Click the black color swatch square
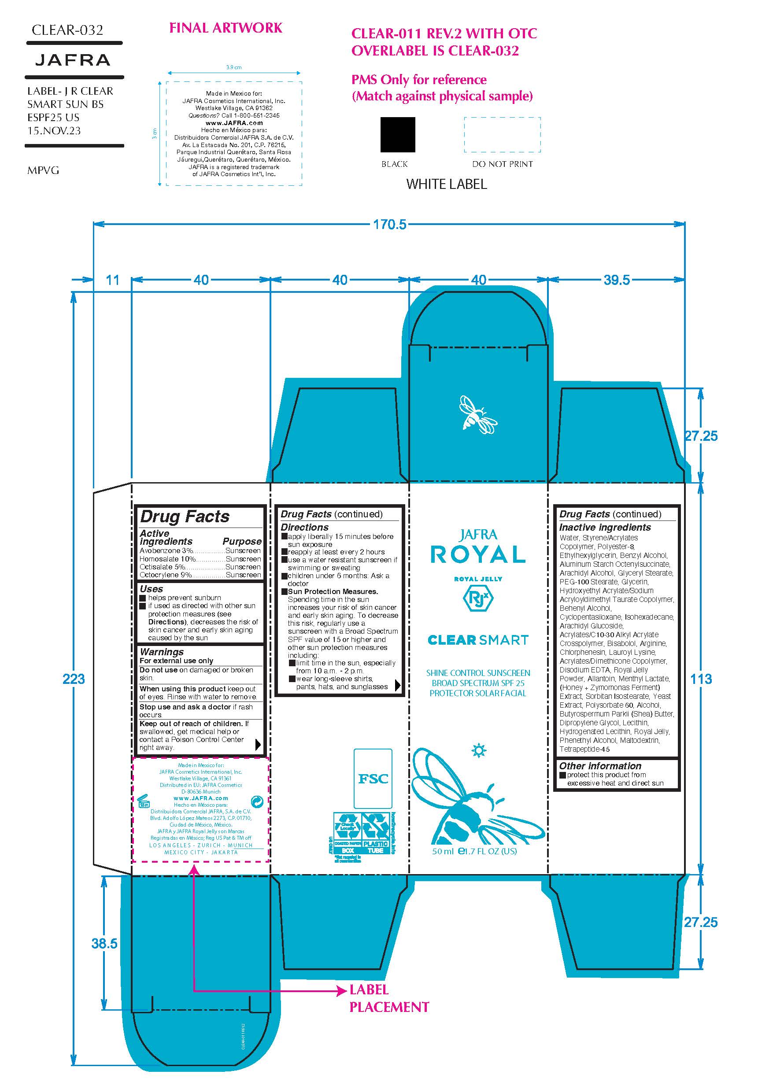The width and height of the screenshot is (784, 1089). click(x=397, y=134)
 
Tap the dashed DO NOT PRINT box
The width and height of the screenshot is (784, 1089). click(x=502, y=134)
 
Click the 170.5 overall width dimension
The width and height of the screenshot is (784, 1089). click(x=390, y=224)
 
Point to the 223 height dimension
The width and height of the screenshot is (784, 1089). click(x=74, y=679)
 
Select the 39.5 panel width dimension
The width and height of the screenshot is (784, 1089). click(x=616, y=280)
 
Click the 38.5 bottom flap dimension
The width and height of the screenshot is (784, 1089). click(x=104, y=944)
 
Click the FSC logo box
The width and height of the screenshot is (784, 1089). click(x=373, y=779)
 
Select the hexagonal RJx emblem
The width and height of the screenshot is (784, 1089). click(x=478, y=598)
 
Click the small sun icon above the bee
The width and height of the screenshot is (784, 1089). click(x=479, y=750)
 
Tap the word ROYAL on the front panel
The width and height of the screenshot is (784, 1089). click(x=478, y=555)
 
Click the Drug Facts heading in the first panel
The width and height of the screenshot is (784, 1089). click(x=185, y=517)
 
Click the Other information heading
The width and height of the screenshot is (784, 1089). click(x=600, y=766)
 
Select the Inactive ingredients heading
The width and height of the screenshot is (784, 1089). click(x=605, y=527)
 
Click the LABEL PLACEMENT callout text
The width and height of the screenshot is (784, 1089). click(x=388, y=998)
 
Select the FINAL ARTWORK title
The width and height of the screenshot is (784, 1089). click(x=226, y=28)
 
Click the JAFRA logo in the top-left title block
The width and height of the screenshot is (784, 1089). click(x=73, y=60)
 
